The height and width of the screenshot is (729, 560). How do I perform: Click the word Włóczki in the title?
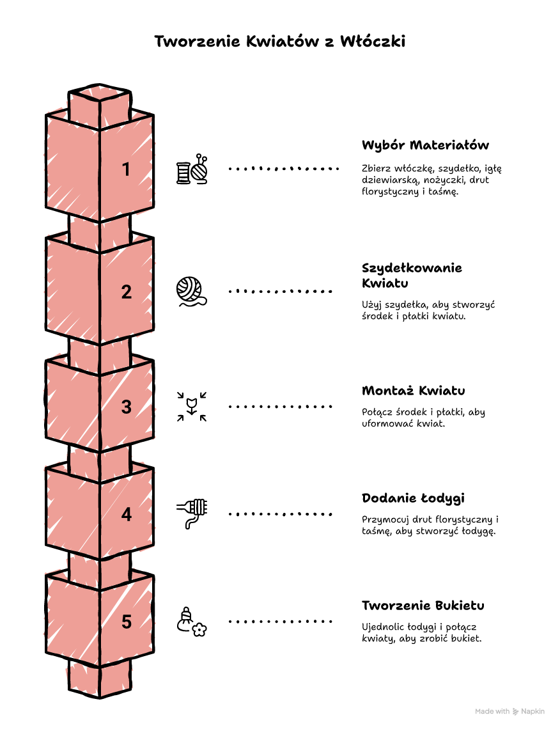point(372,42)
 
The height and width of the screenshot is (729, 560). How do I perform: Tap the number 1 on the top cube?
point(126,169)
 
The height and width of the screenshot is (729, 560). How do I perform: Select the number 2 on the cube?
point(127,292)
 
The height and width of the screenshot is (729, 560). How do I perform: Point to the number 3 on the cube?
point(127,407)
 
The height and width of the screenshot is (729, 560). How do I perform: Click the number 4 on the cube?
point(127,514)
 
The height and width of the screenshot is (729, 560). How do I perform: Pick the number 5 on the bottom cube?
point(127,622)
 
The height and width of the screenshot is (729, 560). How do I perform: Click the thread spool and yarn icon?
point(192,169)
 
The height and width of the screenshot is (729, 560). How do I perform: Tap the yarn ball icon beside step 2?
point(192,292)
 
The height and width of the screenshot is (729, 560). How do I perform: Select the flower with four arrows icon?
point(192,406)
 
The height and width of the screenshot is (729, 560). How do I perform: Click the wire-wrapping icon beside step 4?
point(192,513)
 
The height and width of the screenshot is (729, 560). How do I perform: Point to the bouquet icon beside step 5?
point(192,622)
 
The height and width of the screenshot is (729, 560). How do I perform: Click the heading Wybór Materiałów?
point(425,145)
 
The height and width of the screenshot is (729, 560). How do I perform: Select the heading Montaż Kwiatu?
point(413,391)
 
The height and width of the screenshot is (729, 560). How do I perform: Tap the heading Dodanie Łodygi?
point(413,498)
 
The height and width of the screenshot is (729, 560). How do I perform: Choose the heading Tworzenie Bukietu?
point(423,606)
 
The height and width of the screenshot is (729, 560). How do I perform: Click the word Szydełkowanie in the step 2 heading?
point(412,269)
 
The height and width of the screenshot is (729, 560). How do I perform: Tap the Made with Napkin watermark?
point(509,711)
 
